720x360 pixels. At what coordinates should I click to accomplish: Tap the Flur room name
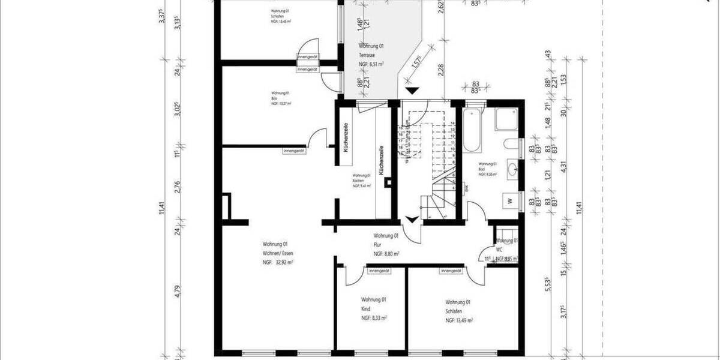click(x=378, y=245)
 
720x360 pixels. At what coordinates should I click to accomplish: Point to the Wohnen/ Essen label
click(x=278, y=253)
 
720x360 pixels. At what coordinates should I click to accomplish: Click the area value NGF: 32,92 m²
click(x=277, y=263)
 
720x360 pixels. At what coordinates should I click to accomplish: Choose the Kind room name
click(x=365, y=308)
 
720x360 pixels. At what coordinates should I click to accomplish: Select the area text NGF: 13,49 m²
click(x=459, y=321)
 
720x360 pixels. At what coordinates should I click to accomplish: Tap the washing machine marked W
click(x=509, y=200)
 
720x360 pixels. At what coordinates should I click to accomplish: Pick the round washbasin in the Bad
click(x=512, y=169)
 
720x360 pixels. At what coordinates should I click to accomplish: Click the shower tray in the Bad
click(x=506, y=120)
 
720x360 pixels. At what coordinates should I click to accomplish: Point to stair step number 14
click(x=453, y=122)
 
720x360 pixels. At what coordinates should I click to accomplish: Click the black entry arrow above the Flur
click(x=411, y=219)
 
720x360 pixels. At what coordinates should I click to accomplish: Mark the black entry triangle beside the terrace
click(x=412, y=91)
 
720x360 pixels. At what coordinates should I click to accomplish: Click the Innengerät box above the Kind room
click(x=379, y=272)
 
